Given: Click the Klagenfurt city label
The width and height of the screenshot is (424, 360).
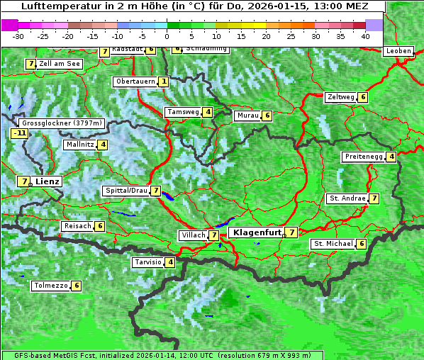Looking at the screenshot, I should [255, 232].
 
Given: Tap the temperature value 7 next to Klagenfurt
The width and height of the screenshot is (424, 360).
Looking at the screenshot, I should [292, 232].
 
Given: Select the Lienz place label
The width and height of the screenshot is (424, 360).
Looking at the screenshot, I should [48, 181].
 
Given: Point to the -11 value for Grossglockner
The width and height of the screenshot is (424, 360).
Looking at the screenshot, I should [19, 133].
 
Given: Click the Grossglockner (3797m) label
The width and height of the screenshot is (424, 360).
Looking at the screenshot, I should [62, 123].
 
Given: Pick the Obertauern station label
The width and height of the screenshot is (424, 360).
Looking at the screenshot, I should [135, 81].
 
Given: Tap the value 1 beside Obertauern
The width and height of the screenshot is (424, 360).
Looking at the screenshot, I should [164, 81].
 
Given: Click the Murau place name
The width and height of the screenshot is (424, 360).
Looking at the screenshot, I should [247, 116].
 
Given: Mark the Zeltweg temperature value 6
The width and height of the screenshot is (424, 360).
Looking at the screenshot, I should [363, 97].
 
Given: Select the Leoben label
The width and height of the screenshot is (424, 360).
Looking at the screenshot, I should [398, 51].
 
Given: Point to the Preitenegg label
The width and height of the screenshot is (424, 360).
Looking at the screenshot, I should [363, 157].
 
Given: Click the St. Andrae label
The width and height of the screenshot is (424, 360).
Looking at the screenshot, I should [347, 198].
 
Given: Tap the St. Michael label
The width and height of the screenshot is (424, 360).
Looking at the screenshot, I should [333, 244].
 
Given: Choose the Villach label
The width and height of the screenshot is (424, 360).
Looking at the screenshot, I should [193, 235].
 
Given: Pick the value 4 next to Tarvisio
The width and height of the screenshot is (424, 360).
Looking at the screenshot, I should [170, 262].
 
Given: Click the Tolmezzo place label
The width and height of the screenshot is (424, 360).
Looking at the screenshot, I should [50, 286].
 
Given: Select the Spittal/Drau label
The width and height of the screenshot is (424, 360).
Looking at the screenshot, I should [126, 191].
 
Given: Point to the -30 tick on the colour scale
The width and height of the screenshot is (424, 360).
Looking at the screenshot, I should [18, 35].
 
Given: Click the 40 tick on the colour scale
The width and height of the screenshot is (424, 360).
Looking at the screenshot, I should [365, 35].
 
